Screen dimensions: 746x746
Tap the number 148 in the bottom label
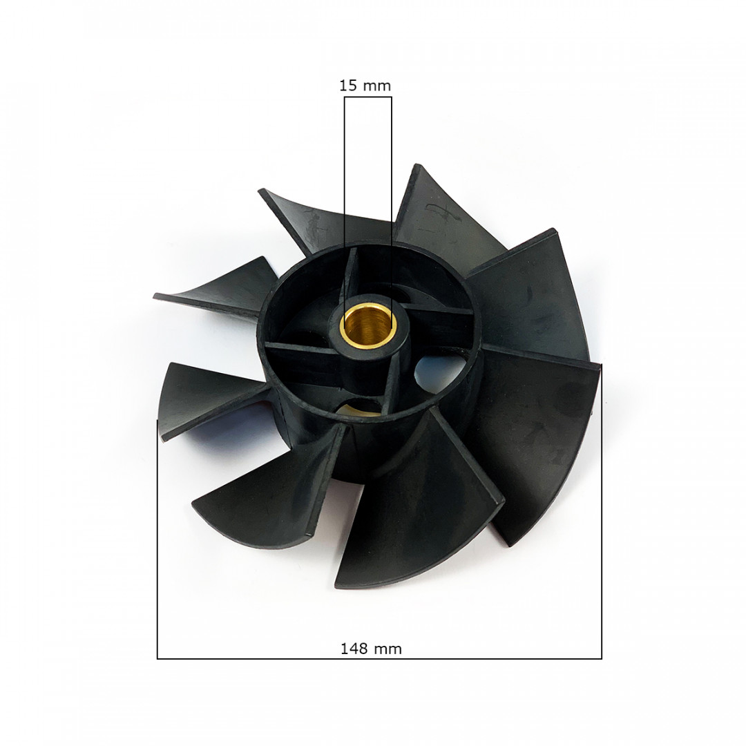coord(353,649)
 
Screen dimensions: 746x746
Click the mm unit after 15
coord(377,86)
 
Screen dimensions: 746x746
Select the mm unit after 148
coord(389,649)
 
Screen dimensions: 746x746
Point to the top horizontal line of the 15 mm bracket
coord(367,97)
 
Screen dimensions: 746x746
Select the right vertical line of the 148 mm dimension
coord(601,539)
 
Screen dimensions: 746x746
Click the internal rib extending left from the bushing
coord(300,346)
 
